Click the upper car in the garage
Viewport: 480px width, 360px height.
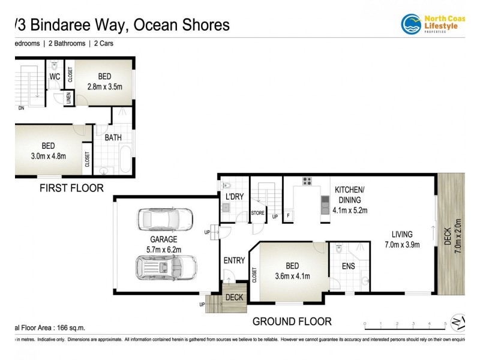pos(165,220)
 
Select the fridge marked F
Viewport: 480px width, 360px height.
pos(289,215)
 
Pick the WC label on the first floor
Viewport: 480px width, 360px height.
pos(55,77)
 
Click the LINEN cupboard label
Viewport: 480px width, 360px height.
pos(68,98)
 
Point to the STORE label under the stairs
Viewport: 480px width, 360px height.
pos(258,212)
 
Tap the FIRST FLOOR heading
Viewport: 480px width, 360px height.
pos(71,188)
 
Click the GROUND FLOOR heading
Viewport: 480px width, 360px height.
pos(292,322)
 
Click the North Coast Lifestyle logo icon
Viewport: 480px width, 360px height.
pos(411,24)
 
